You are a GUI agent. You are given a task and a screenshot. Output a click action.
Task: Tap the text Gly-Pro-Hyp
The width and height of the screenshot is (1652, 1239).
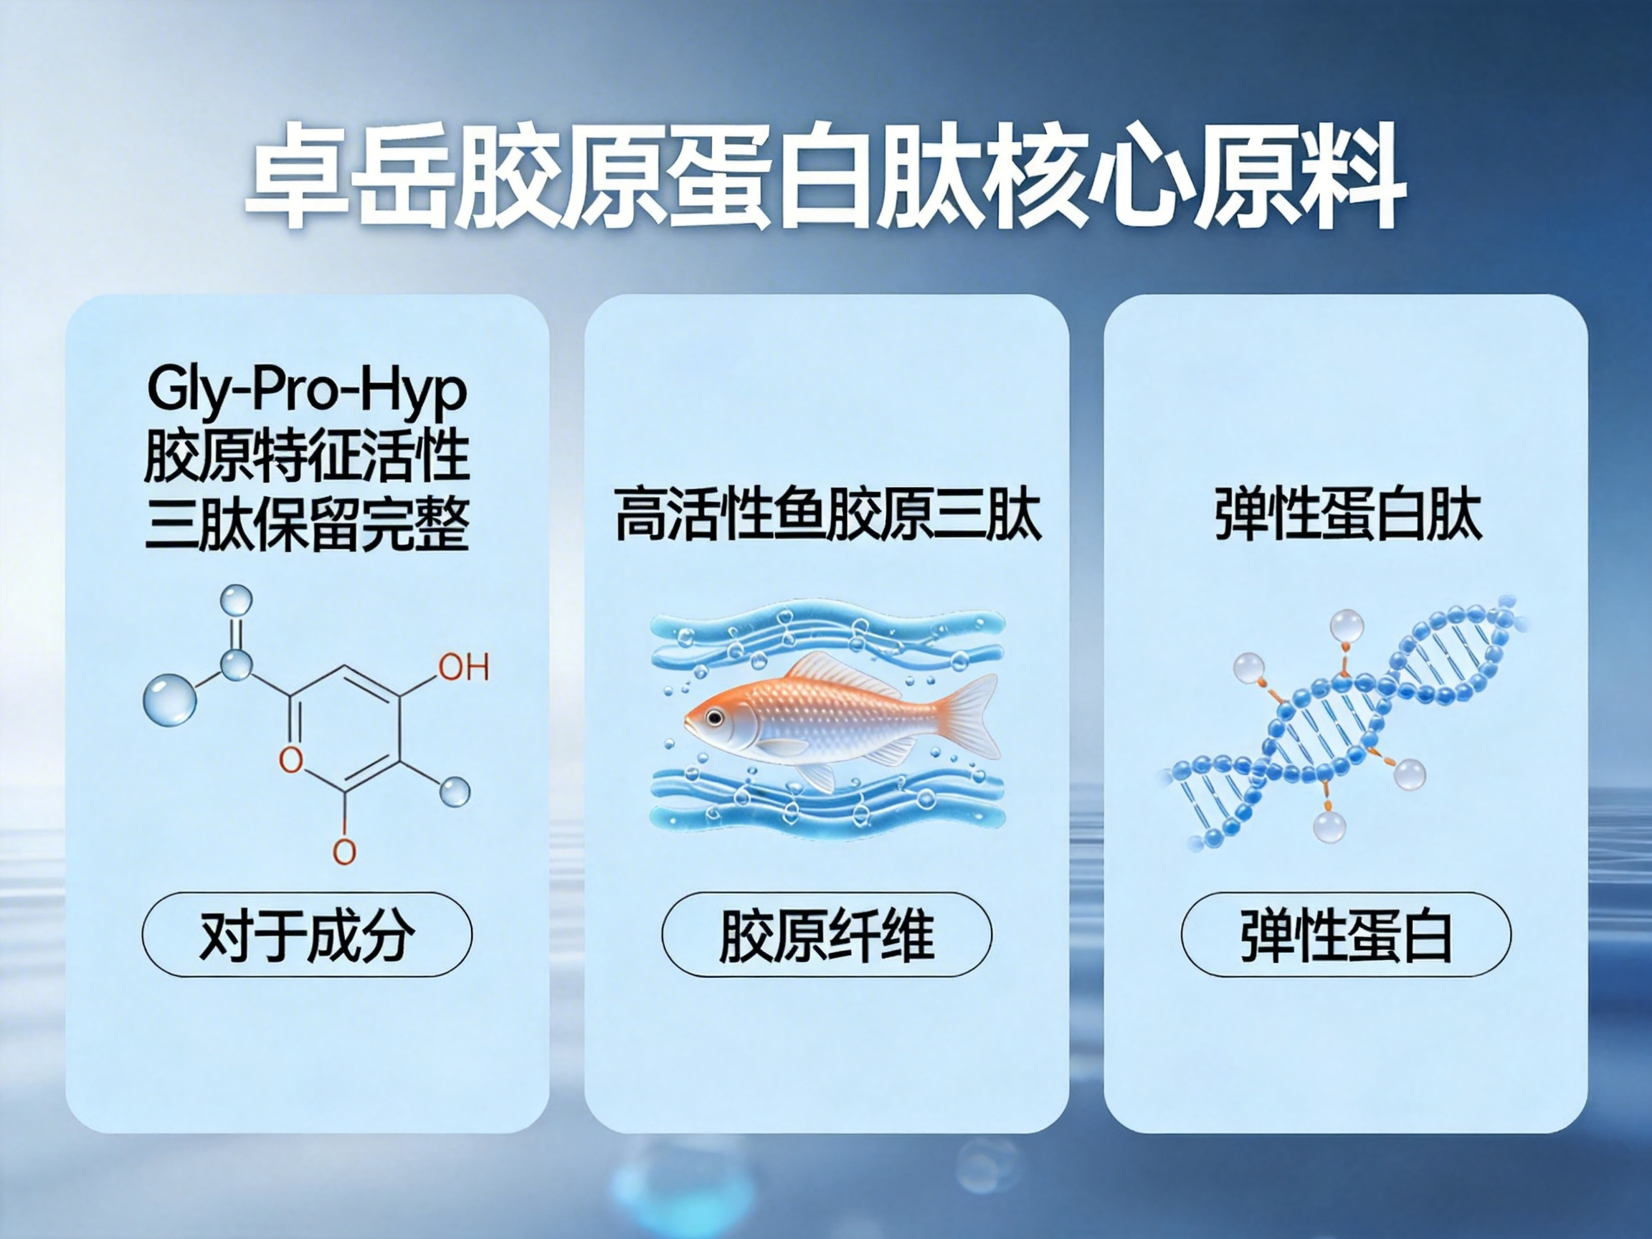click(x=307, y=390)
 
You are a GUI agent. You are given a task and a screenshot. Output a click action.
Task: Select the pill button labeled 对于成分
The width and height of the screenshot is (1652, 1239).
click(x=307, y=934)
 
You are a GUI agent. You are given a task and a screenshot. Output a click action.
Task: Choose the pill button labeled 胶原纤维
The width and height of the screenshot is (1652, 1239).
click(x=827, y=934)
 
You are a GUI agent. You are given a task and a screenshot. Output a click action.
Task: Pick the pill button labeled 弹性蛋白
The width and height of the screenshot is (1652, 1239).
click(x=1346, y=934)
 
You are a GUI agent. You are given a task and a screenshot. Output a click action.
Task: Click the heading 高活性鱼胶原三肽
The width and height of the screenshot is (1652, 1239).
click(x=827, y=515)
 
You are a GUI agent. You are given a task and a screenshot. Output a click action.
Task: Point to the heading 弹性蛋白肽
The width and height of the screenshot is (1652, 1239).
click(x=1348, y=515)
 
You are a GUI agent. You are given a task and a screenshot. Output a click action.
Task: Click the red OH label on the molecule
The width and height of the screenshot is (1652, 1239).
click(x=464, y=667)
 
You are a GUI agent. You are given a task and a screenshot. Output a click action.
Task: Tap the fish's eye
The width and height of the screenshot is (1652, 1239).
click(x=715, y=718)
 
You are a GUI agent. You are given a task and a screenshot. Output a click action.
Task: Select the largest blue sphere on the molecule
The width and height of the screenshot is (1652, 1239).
click(x=169, y=700)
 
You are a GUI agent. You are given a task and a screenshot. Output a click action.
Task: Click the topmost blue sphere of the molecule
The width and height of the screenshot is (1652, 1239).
click(x=236, y=600)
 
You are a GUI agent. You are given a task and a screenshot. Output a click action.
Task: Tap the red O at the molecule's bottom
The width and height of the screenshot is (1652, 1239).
click(x=343, y=850)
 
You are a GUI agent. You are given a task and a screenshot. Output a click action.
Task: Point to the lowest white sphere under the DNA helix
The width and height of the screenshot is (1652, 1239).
click(x=1329, y=826)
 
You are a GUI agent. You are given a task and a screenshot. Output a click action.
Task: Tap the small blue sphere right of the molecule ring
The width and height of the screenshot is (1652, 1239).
click(x=455, y=791)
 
